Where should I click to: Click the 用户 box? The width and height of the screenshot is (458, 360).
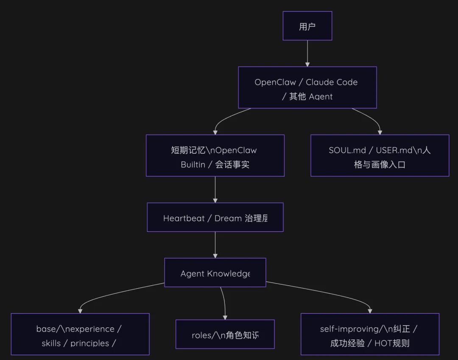point(307,26)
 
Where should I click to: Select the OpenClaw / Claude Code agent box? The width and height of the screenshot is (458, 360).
point(307,87)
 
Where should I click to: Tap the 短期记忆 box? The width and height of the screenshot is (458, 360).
point(215,155)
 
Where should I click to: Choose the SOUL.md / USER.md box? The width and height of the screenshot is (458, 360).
point(380,155)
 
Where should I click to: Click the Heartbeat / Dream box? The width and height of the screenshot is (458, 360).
point(215,217)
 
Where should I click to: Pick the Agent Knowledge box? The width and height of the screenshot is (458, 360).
point(215,273)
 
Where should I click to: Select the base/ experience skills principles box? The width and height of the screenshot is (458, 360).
point(80,334)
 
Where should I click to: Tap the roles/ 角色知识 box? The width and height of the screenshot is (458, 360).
point(225,334)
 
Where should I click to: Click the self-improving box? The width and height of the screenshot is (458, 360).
point(370,334)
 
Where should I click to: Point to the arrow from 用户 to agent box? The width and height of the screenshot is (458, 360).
point(307,53)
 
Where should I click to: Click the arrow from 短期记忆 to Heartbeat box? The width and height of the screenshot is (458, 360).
point(215,189)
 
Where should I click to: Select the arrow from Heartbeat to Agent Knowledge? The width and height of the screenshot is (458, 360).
point(215,245)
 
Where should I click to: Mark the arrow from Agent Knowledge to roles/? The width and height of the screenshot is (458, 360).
point(223,302)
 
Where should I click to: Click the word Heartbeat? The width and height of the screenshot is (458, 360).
point(184,218)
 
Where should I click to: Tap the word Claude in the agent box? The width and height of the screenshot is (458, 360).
point(320,82)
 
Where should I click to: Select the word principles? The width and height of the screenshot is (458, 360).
point(89,343)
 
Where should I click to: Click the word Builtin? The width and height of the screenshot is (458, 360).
point(193,165)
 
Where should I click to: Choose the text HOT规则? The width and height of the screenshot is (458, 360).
point(392,343)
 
